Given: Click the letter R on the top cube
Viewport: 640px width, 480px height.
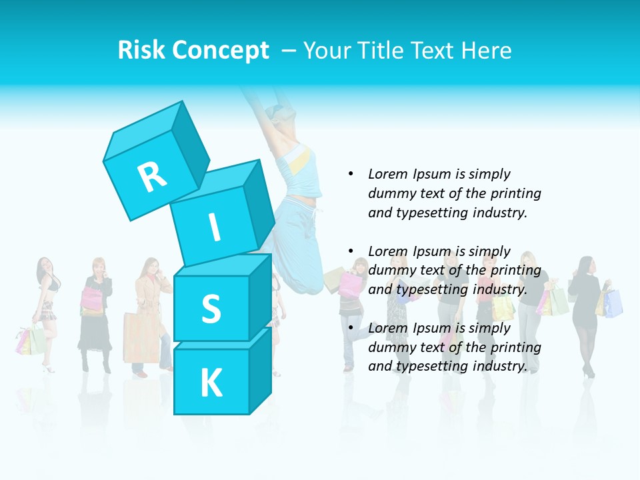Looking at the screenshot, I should pos(152,177).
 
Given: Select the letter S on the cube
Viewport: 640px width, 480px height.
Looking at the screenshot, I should pos(211,309).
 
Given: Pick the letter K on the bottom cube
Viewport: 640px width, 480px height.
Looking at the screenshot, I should pos(211,383).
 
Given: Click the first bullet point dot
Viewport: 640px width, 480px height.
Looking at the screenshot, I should pos(351,174).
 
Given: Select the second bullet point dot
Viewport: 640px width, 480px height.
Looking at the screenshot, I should pos(351,251).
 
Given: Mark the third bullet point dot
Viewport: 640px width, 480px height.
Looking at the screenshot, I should pos(351,328).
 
